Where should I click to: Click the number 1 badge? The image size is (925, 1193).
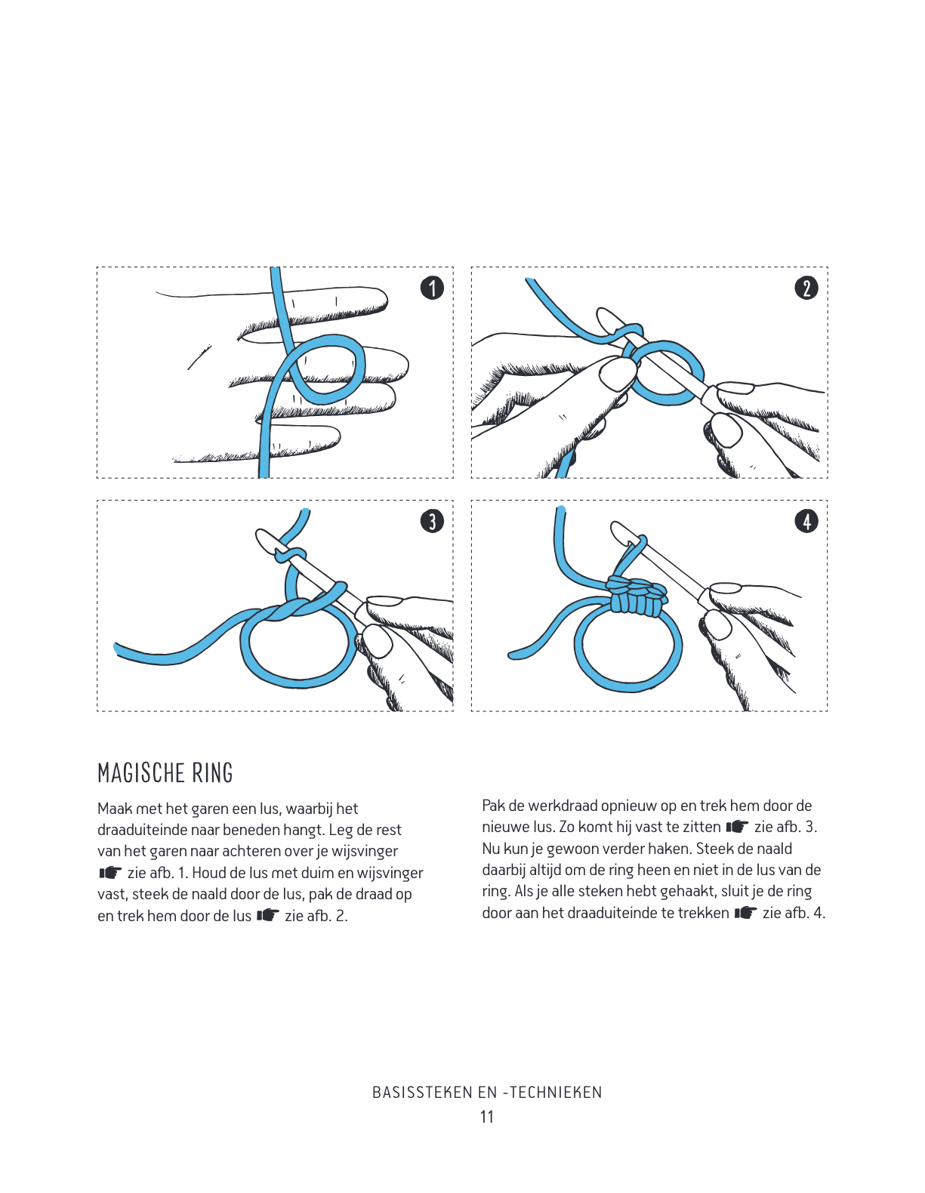click(x=432, y=288)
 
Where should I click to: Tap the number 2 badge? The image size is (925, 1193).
click(x=806, y=288)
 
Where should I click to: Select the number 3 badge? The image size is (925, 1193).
click(x=432, y=521)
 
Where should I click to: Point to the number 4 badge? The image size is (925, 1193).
click(x=806, y=521)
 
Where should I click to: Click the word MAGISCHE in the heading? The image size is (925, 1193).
click(x=141, y=773)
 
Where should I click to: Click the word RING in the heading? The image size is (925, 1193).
click(x=212, y=773)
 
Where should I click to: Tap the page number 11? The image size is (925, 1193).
click(x=487, y=1117)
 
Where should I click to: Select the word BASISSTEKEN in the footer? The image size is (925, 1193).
click(x=423, y=1093)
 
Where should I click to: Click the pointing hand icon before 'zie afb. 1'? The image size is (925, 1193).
click(x=110, y=873)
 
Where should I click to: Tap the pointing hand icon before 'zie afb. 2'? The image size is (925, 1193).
click(x=267, y=916)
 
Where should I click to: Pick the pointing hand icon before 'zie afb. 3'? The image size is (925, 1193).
click(x=737, y=827)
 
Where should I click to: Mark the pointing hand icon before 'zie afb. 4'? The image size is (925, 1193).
click(x=745, y=913)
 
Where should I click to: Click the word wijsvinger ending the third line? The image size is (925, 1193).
click(x=365, y=851)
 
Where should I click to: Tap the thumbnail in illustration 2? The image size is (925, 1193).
click(x=618, y=374)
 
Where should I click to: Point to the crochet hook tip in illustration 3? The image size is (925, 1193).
click(x=267, y=540)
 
